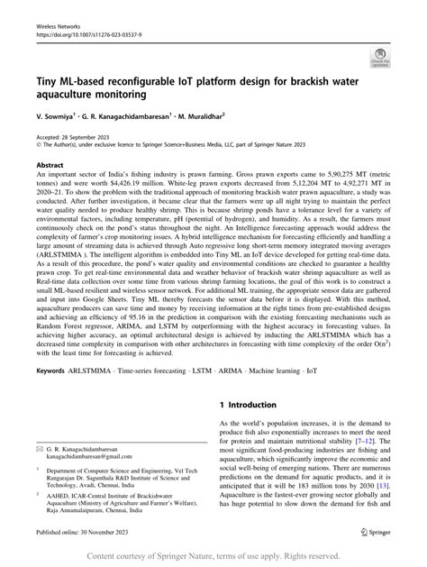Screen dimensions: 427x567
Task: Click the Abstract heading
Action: pyautogui.click(x=50, y=167)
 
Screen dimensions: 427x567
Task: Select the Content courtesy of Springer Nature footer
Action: pyautogui.click(x=213, y=556)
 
